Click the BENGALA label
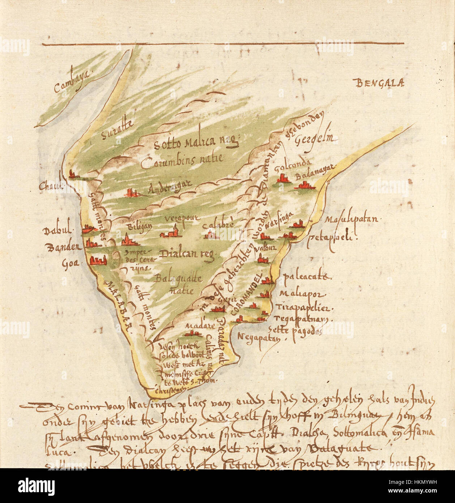pos(380,84)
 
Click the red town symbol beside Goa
pos(98,260)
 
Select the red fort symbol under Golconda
pos(283,179)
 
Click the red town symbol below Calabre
pos(211,236)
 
